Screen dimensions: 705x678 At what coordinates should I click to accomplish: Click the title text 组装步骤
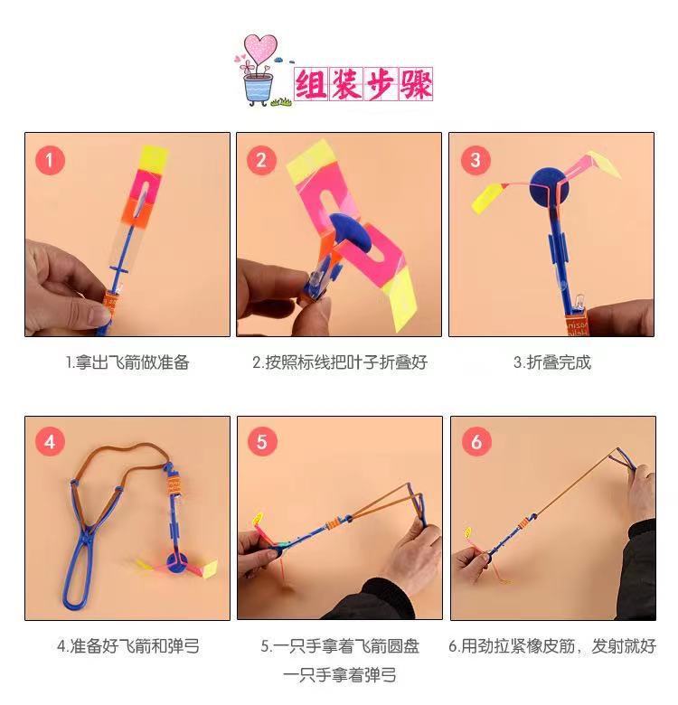click(x=363, y=84)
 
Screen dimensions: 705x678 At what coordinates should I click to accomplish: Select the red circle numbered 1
click(x=50, y=161)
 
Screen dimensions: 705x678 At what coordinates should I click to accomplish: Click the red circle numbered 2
click(x=262, y=161)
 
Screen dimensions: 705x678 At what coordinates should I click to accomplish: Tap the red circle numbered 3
click(x=475, y=161)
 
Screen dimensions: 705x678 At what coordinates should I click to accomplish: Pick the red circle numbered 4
click(x=50, y=442)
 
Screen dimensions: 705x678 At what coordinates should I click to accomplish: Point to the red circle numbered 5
click(x=262, y=442)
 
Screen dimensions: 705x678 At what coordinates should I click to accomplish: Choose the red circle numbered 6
click(x=475, y=442)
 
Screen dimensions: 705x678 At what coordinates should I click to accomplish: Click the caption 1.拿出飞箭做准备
click(x=127, y=362)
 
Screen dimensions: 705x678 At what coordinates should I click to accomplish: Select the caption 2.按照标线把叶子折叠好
click(x=339, y=362)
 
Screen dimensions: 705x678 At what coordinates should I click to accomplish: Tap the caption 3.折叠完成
click(x=551, y=362)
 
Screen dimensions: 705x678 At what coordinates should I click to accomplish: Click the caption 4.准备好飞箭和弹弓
click(x=127, y=646)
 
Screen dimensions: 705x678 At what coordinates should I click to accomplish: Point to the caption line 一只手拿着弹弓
click(x=339, y=675)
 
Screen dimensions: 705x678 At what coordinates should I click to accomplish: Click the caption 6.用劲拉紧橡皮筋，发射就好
click(x=551, y=646)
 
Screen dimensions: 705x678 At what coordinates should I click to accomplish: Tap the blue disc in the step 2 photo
click(x=347, y=237)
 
